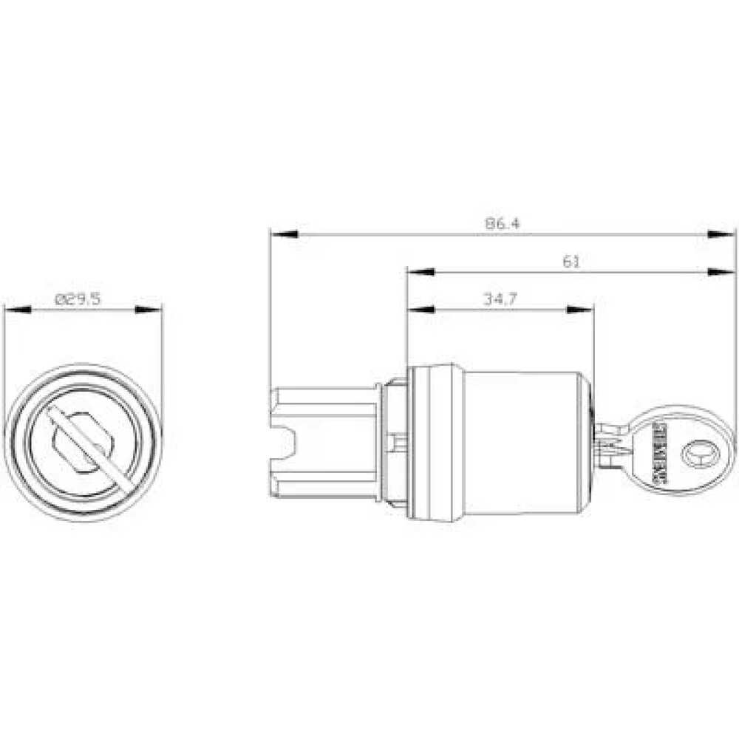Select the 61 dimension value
click(571, 261)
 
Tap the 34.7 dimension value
click(500, 299)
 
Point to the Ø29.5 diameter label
click(78, 299)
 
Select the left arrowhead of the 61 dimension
click(420, 273)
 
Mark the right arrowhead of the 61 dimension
click(722, 273)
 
